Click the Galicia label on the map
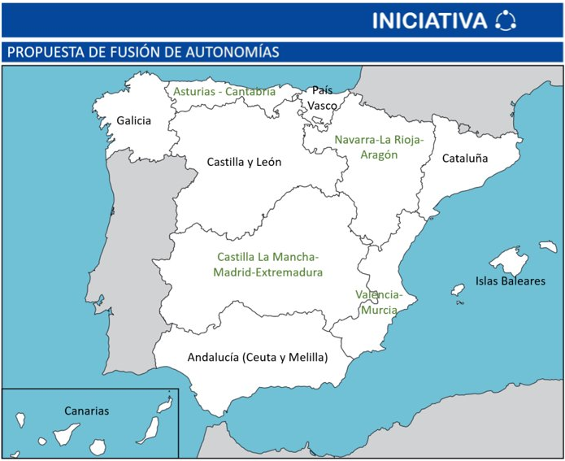pyautogui.click(x=133, y=121)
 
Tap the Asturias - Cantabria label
pyautogui.click(x=224, y=92)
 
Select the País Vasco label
pyautogui.click(x=323, y=98)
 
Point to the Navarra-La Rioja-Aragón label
pyautogui.click(x=379, y=146)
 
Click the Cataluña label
pyautogui.click(x=465, y=159)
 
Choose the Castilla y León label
pyautogui.click(x=244, y=162)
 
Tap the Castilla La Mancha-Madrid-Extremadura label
pyautogui.click(x=268, y=265)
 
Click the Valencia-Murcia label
pyautogui.click(x=378, y=302)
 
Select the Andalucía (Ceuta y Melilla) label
pyautogui.click(x=257, y=357)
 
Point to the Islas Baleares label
pyautogui.click(x=510, y=282)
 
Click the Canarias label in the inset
pyautogui.click(x=86, y=411)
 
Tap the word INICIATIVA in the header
pyautogui.click(x=429, y=21)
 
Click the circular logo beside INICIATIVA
pyautogui.click(x=505, y=20)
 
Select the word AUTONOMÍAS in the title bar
pyautogui.click(x=230, y=53)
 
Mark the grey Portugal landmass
pyautogui.click(x=130, y=252)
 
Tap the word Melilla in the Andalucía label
pyautogui.click(x=306, y=357)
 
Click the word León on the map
pyautogui.click(x=266, y=162)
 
